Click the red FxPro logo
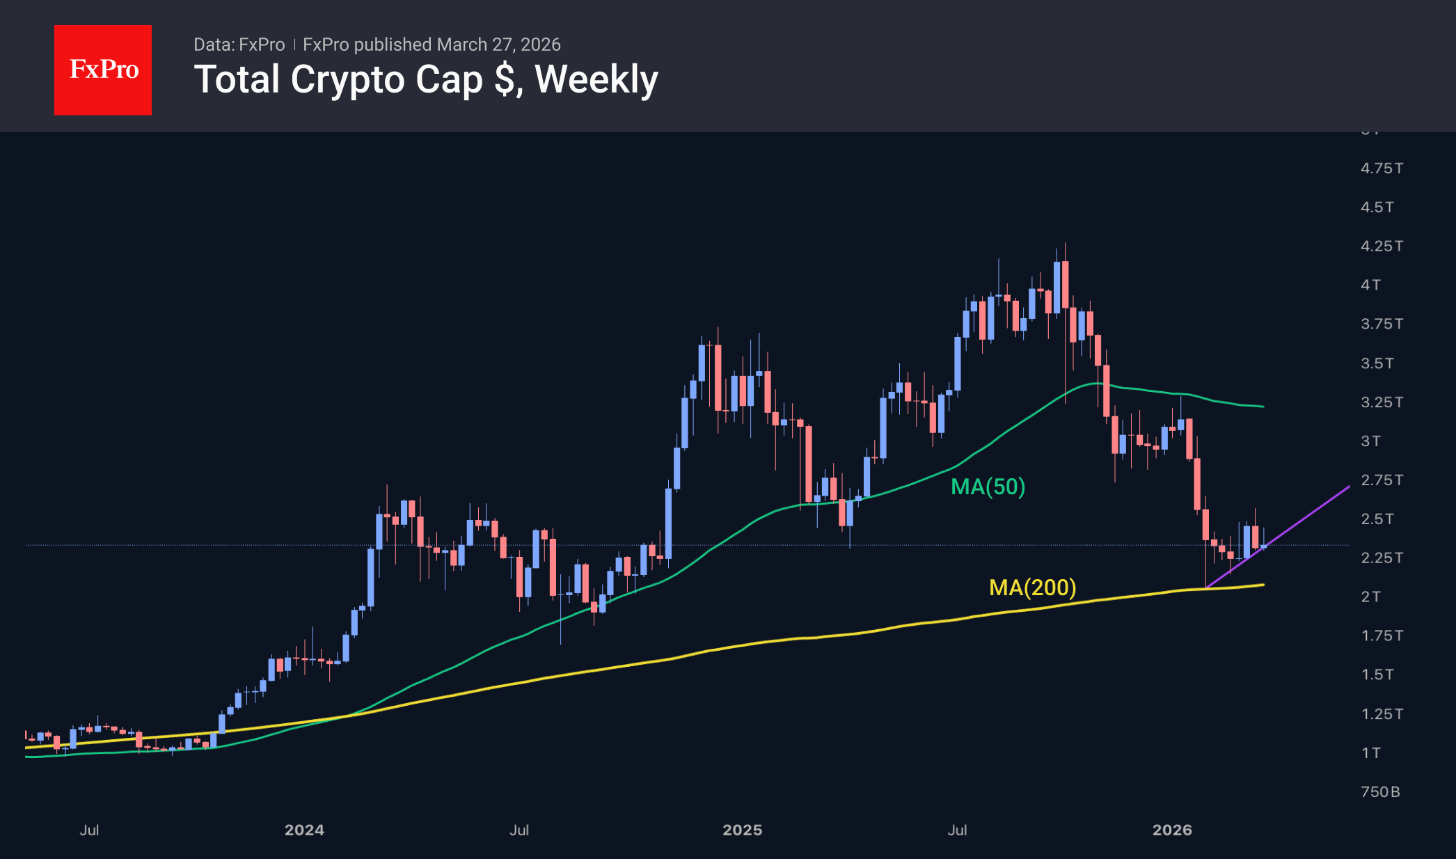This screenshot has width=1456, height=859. (103, 70)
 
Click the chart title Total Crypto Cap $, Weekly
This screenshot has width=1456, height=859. (426, 79)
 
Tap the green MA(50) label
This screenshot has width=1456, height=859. (988, 487)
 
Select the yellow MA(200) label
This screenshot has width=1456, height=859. (1032, 588)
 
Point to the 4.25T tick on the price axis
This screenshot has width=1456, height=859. (1382, 246)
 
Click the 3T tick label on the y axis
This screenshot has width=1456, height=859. (1370, 441)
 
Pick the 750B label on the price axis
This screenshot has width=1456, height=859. (1380, 792)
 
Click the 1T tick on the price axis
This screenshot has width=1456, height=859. (1370, 753)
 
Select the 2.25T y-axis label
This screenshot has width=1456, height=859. (1382, 558)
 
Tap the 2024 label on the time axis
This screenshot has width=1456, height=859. (304, 830)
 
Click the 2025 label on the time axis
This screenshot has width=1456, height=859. (742, 830)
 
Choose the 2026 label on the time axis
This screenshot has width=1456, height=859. (1172, 830)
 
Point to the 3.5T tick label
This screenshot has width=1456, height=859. (1377, 363)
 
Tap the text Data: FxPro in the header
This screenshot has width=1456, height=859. (239, 45)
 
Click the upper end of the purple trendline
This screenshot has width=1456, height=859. (1349, 487)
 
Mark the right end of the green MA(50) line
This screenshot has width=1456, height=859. (1263, 407)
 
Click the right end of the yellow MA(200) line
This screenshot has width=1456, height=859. (1263, 585)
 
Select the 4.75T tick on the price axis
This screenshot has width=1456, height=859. (1382, 168)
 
